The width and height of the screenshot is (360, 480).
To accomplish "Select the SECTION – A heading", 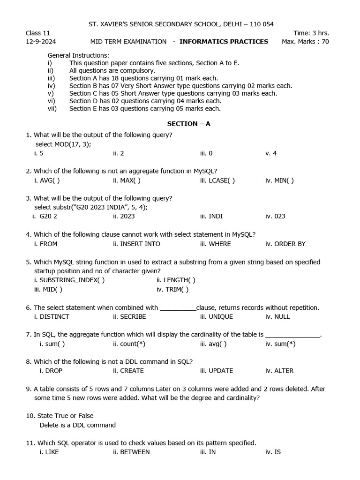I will click(189, 124).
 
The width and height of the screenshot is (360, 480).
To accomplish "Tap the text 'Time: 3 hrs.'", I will click(311, 33).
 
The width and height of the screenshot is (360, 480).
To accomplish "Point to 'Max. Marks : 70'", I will click(305, 42).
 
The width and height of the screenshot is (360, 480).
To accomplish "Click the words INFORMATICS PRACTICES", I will click(224, 42).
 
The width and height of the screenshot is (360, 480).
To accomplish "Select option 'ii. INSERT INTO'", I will click(136, 244).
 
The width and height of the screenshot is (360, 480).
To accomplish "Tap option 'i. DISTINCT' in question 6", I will click(52, 317).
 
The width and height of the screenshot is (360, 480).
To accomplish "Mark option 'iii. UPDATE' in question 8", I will click(216, 371).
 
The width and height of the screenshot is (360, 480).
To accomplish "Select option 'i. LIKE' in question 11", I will click(49, 452).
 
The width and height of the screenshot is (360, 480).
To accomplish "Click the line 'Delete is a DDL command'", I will click(78, 425).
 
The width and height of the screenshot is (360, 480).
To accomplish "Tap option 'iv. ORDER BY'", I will click(285, 244).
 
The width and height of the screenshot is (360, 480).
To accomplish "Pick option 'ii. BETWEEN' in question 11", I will click(131, 452).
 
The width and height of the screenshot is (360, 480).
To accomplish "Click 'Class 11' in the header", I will click(38, 33).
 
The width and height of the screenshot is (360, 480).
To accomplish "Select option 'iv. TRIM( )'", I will click(172, 290).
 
